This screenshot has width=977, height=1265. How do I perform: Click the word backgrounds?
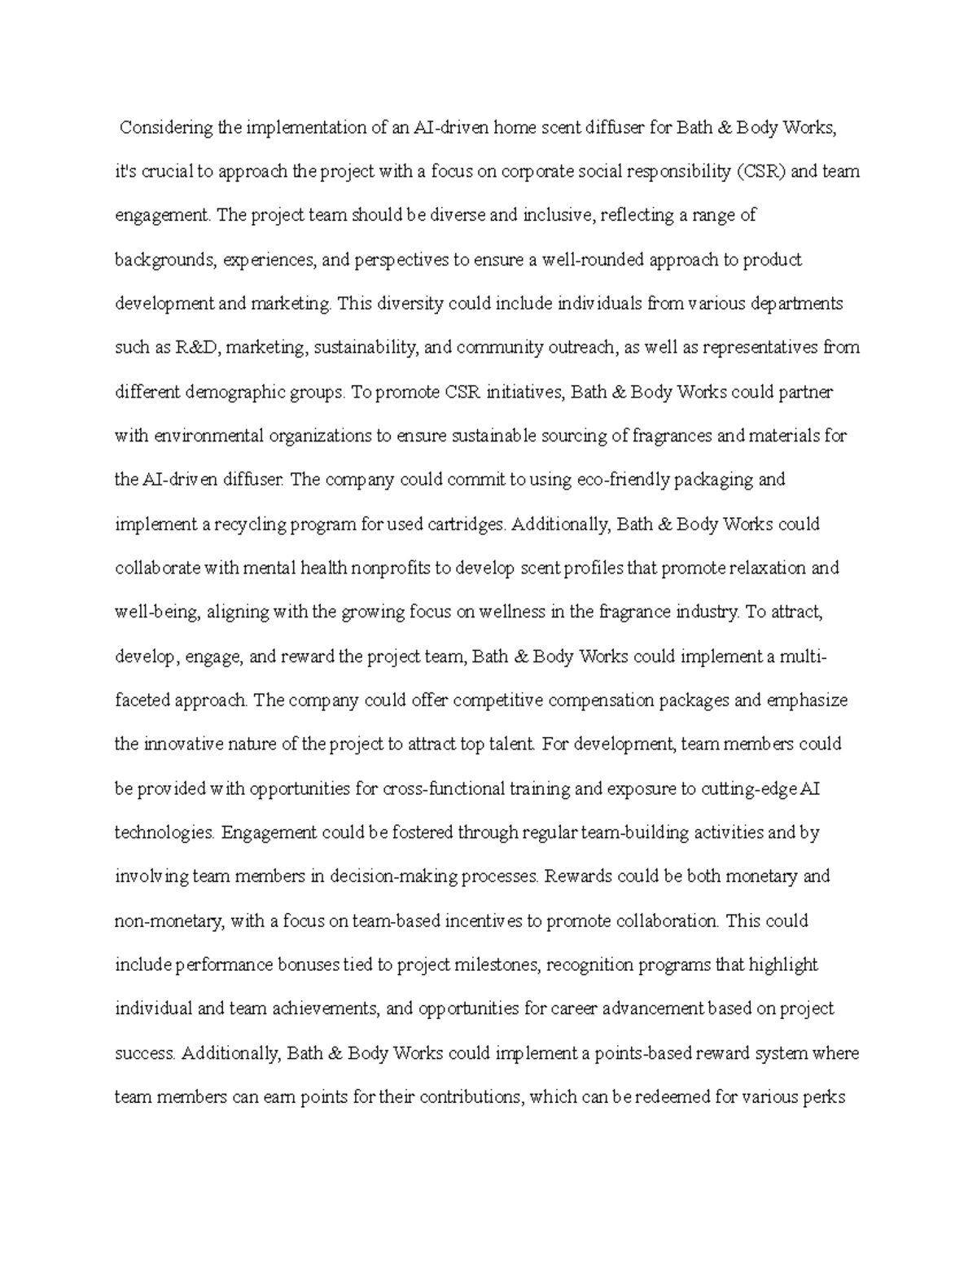pyautogui.click(x=165, y=260)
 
